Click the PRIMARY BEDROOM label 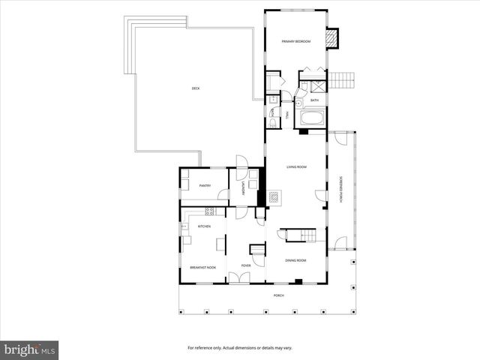[x=295, y=41]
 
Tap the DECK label [x=195, y=88]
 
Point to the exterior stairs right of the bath [x=343, y=79]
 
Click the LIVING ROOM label [x=297, y=166]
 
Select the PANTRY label [x=205, y=185]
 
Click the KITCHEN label [x=204, y=226]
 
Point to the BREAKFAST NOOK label [x=202, y=267]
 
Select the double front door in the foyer [x=240, y=279]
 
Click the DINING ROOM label [x=295, y=260]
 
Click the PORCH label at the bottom [x=278, y=295]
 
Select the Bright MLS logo [x=30, y=349]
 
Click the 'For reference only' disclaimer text [x=239, y=348]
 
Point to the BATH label [x=314, y=100]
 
